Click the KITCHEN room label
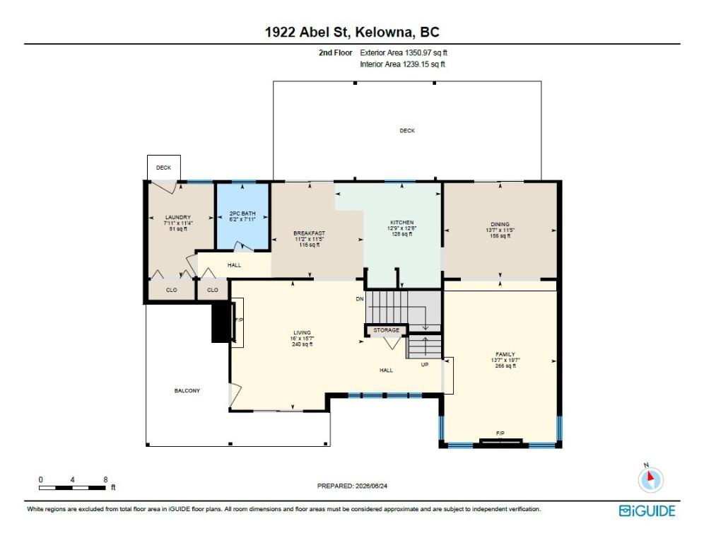pyautogui.click(x=402, y=222)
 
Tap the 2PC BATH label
pyautogui.click(x=242, y=214)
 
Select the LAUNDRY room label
pyautogui.click(x=178, y=217)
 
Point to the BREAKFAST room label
pyautogui.click(x=310, y=233)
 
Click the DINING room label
pyautogui.click(x=500, y=224)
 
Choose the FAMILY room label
pyautogui.click(x=505, y=354)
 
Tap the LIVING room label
pyautogui.click(x=302, y=333)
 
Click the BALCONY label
pyautogui.click(x=187, y=391)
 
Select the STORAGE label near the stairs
pyautogui.click(x=386, y=330)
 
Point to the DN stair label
pyautogui.click(x=360, y=298)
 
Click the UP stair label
pyautogui.click(x=425, y=365)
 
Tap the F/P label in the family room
pyautogui.click(x=500, y=433)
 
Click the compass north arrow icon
pyautogui.click(x=650, y=479)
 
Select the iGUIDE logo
pyautogui.click(x=647, y=510)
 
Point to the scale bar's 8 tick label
pyautogui.click(x=105, y=479)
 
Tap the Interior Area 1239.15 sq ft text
pyautogui.click(x=402, y=64)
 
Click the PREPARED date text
pyautogui.click(x=352, y=486)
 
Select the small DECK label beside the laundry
pyautogui.click(x=163, y=168)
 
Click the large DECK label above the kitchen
pyautogui.click(x=407, y=131)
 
